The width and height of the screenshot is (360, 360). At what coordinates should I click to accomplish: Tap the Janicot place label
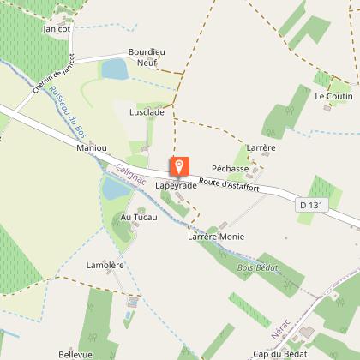tap(57, 28)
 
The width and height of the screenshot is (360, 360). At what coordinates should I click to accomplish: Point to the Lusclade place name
tap(147, 112)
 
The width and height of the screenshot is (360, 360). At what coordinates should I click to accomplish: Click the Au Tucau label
tap(136, 217)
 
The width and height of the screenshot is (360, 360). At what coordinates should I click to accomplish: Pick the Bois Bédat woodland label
tap(256, 268)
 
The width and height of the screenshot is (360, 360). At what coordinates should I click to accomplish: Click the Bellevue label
tap(75, 353)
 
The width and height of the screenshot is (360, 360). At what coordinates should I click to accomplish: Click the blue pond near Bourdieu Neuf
tap(114, 69)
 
